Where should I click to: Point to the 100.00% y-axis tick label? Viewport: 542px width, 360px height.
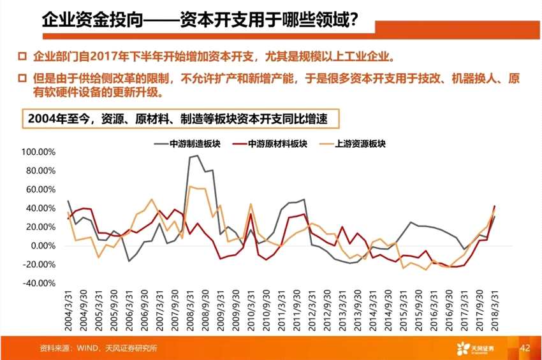(x=39, y=153)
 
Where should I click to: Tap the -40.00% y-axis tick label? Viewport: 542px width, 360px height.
(x=39, y=284)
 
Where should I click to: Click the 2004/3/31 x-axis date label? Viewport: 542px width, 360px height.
(x=70, y=308)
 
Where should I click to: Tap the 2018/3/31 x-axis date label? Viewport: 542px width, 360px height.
(x=495, y=308)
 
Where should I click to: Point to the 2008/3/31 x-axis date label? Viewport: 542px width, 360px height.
(x=191, y=308)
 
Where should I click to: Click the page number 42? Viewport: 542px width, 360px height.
(x=525, y=348)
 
